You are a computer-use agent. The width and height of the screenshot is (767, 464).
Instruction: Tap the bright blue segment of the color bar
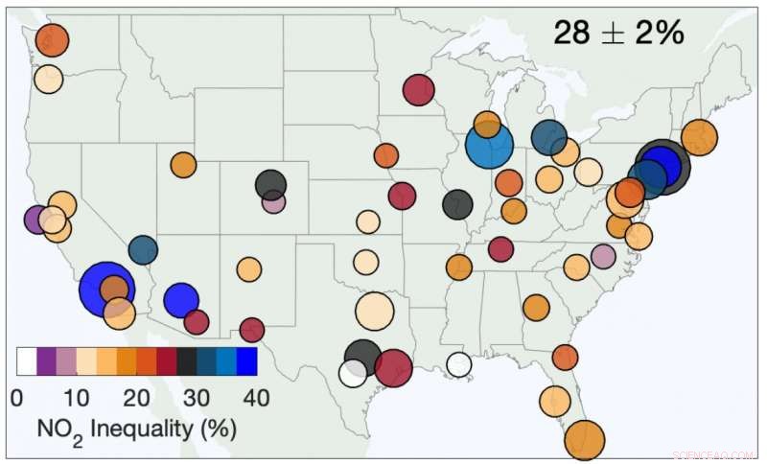click(x=246, y=361)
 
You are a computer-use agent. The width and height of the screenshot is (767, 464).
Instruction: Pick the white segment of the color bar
click(x=27, y=361)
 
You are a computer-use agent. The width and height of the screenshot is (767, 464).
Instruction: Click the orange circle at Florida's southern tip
click(x=585, y=440)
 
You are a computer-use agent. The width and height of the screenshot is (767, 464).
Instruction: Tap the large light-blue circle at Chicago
click(x=490, y=147)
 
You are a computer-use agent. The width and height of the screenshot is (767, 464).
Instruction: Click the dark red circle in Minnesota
click(x=419, y=90)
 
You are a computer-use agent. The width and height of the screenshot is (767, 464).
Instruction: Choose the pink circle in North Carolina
click(x=603, y=256)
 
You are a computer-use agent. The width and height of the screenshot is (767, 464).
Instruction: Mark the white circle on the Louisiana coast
click(x=459, y=364)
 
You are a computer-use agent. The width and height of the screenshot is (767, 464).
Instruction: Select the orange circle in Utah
click(x=183, y=164)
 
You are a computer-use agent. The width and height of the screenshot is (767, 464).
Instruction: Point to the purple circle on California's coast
click(x=35, y=219)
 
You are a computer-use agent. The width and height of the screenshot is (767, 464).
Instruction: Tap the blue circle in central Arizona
click(x=180, y=300)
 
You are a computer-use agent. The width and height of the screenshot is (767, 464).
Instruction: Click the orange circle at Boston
click(x=699, y=137)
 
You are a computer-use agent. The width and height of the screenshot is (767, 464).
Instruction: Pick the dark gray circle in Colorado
click(x=271, y=184)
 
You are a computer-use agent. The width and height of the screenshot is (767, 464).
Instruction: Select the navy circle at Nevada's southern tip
click(x=143, y=250)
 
